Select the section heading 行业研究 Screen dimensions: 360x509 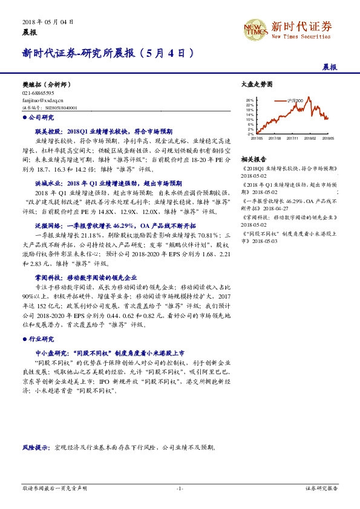click(x=41, y=339)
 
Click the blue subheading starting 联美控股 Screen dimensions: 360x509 click(x=103, y=130)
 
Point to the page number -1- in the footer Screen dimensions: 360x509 click(x=180, y=487)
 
